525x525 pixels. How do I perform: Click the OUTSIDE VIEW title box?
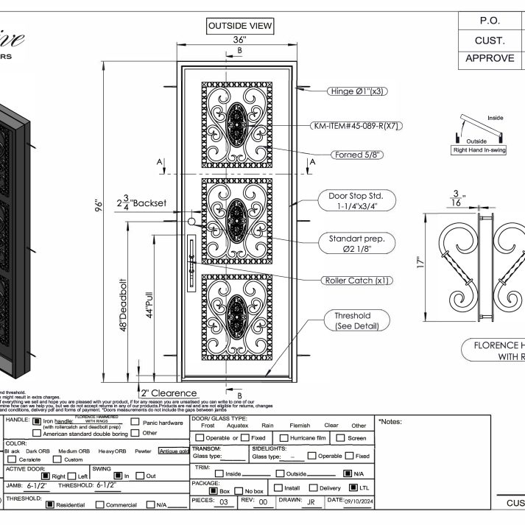240,27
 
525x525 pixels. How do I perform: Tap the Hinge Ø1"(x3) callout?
357,91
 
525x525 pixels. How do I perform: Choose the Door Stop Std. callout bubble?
356,201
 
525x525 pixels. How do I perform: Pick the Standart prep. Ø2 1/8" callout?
356,242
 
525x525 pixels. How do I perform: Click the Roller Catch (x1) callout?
357,281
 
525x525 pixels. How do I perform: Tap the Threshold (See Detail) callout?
352,320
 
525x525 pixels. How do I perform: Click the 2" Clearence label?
169,393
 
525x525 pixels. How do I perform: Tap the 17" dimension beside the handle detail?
420,261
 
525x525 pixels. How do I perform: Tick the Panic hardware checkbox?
135,422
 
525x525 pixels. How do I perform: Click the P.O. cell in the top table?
490,21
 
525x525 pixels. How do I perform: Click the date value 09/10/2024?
345,501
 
